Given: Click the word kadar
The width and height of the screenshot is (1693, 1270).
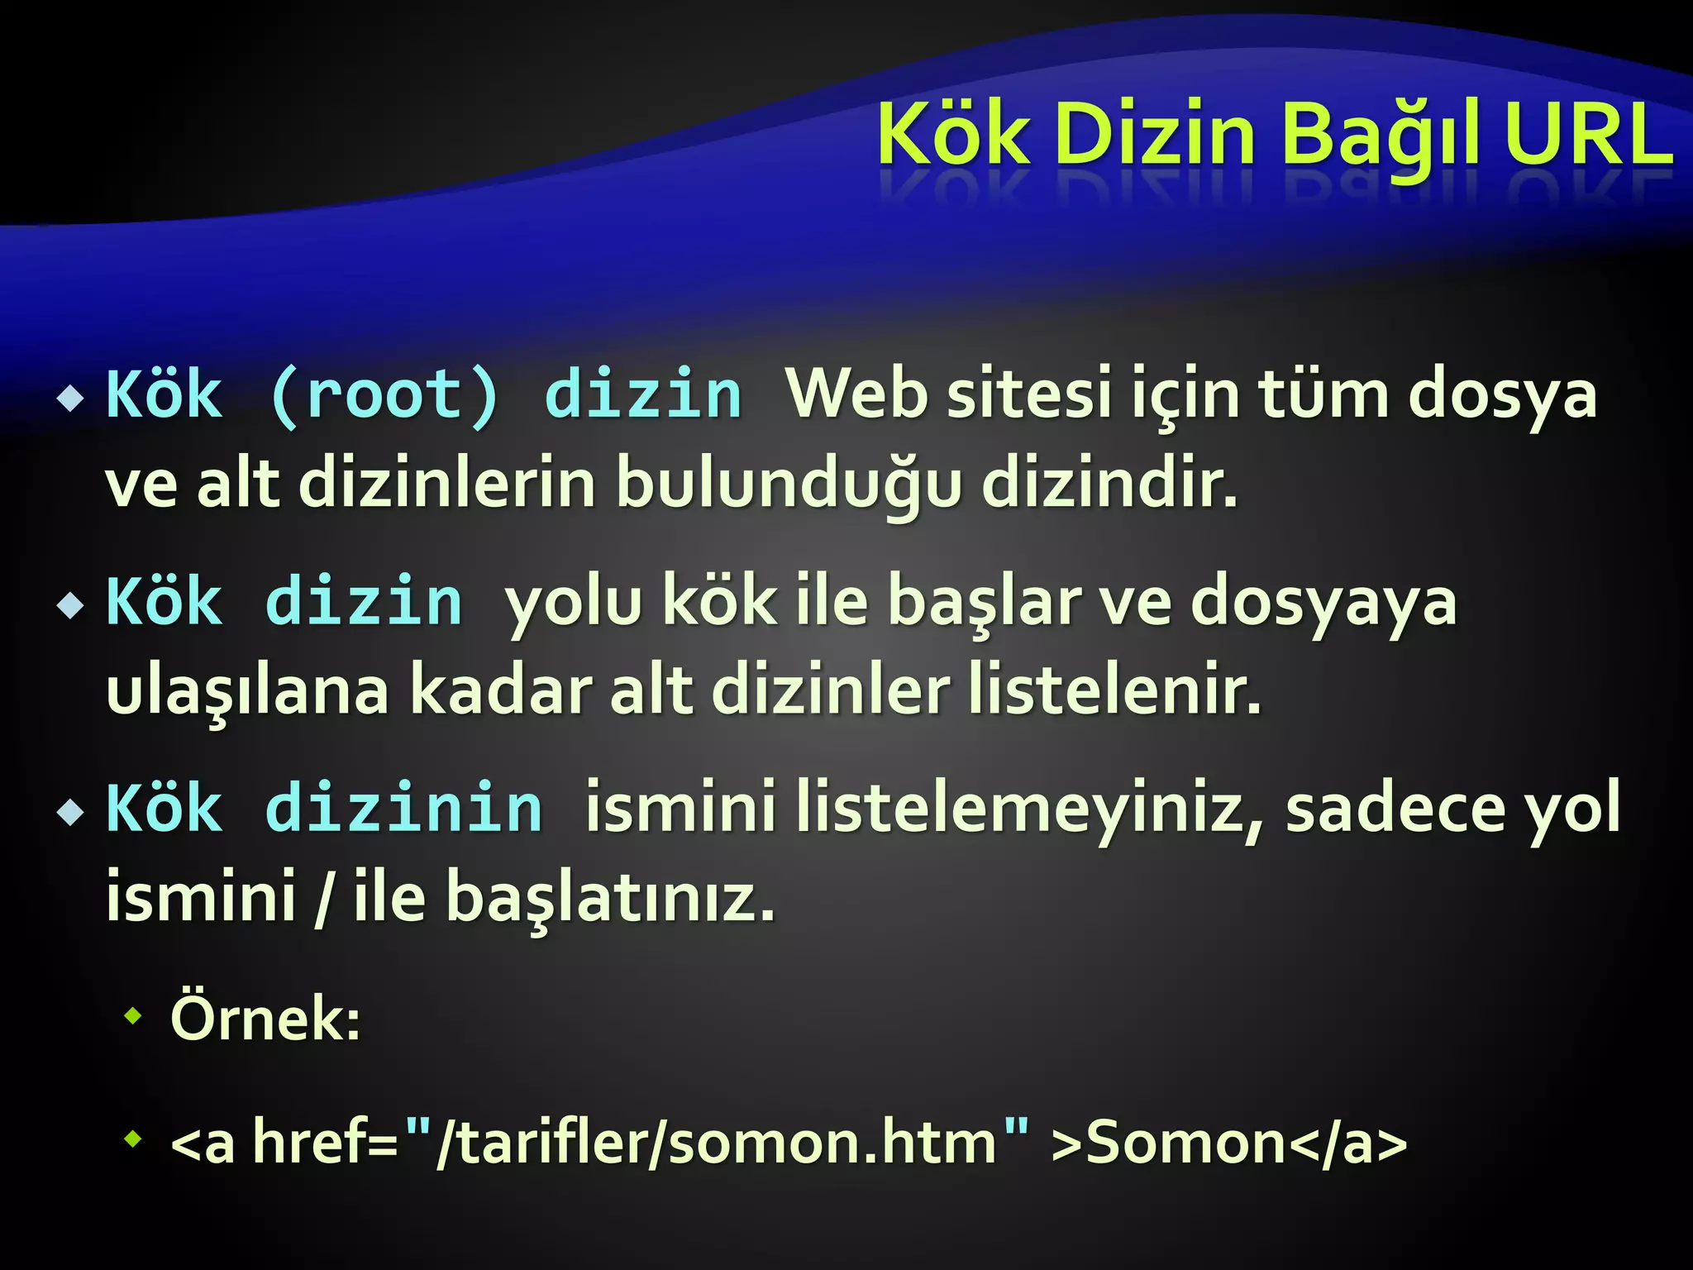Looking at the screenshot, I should tap(501, 690).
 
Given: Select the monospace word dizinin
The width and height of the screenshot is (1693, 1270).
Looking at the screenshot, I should tap(404, 808).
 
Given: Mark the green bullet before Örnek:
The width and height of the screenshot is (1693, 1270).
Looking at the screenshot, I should tap(132, 1015).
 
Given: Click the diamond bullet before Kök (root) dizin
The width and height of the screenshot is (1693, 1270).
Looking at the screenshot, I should tap(71, 399).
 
